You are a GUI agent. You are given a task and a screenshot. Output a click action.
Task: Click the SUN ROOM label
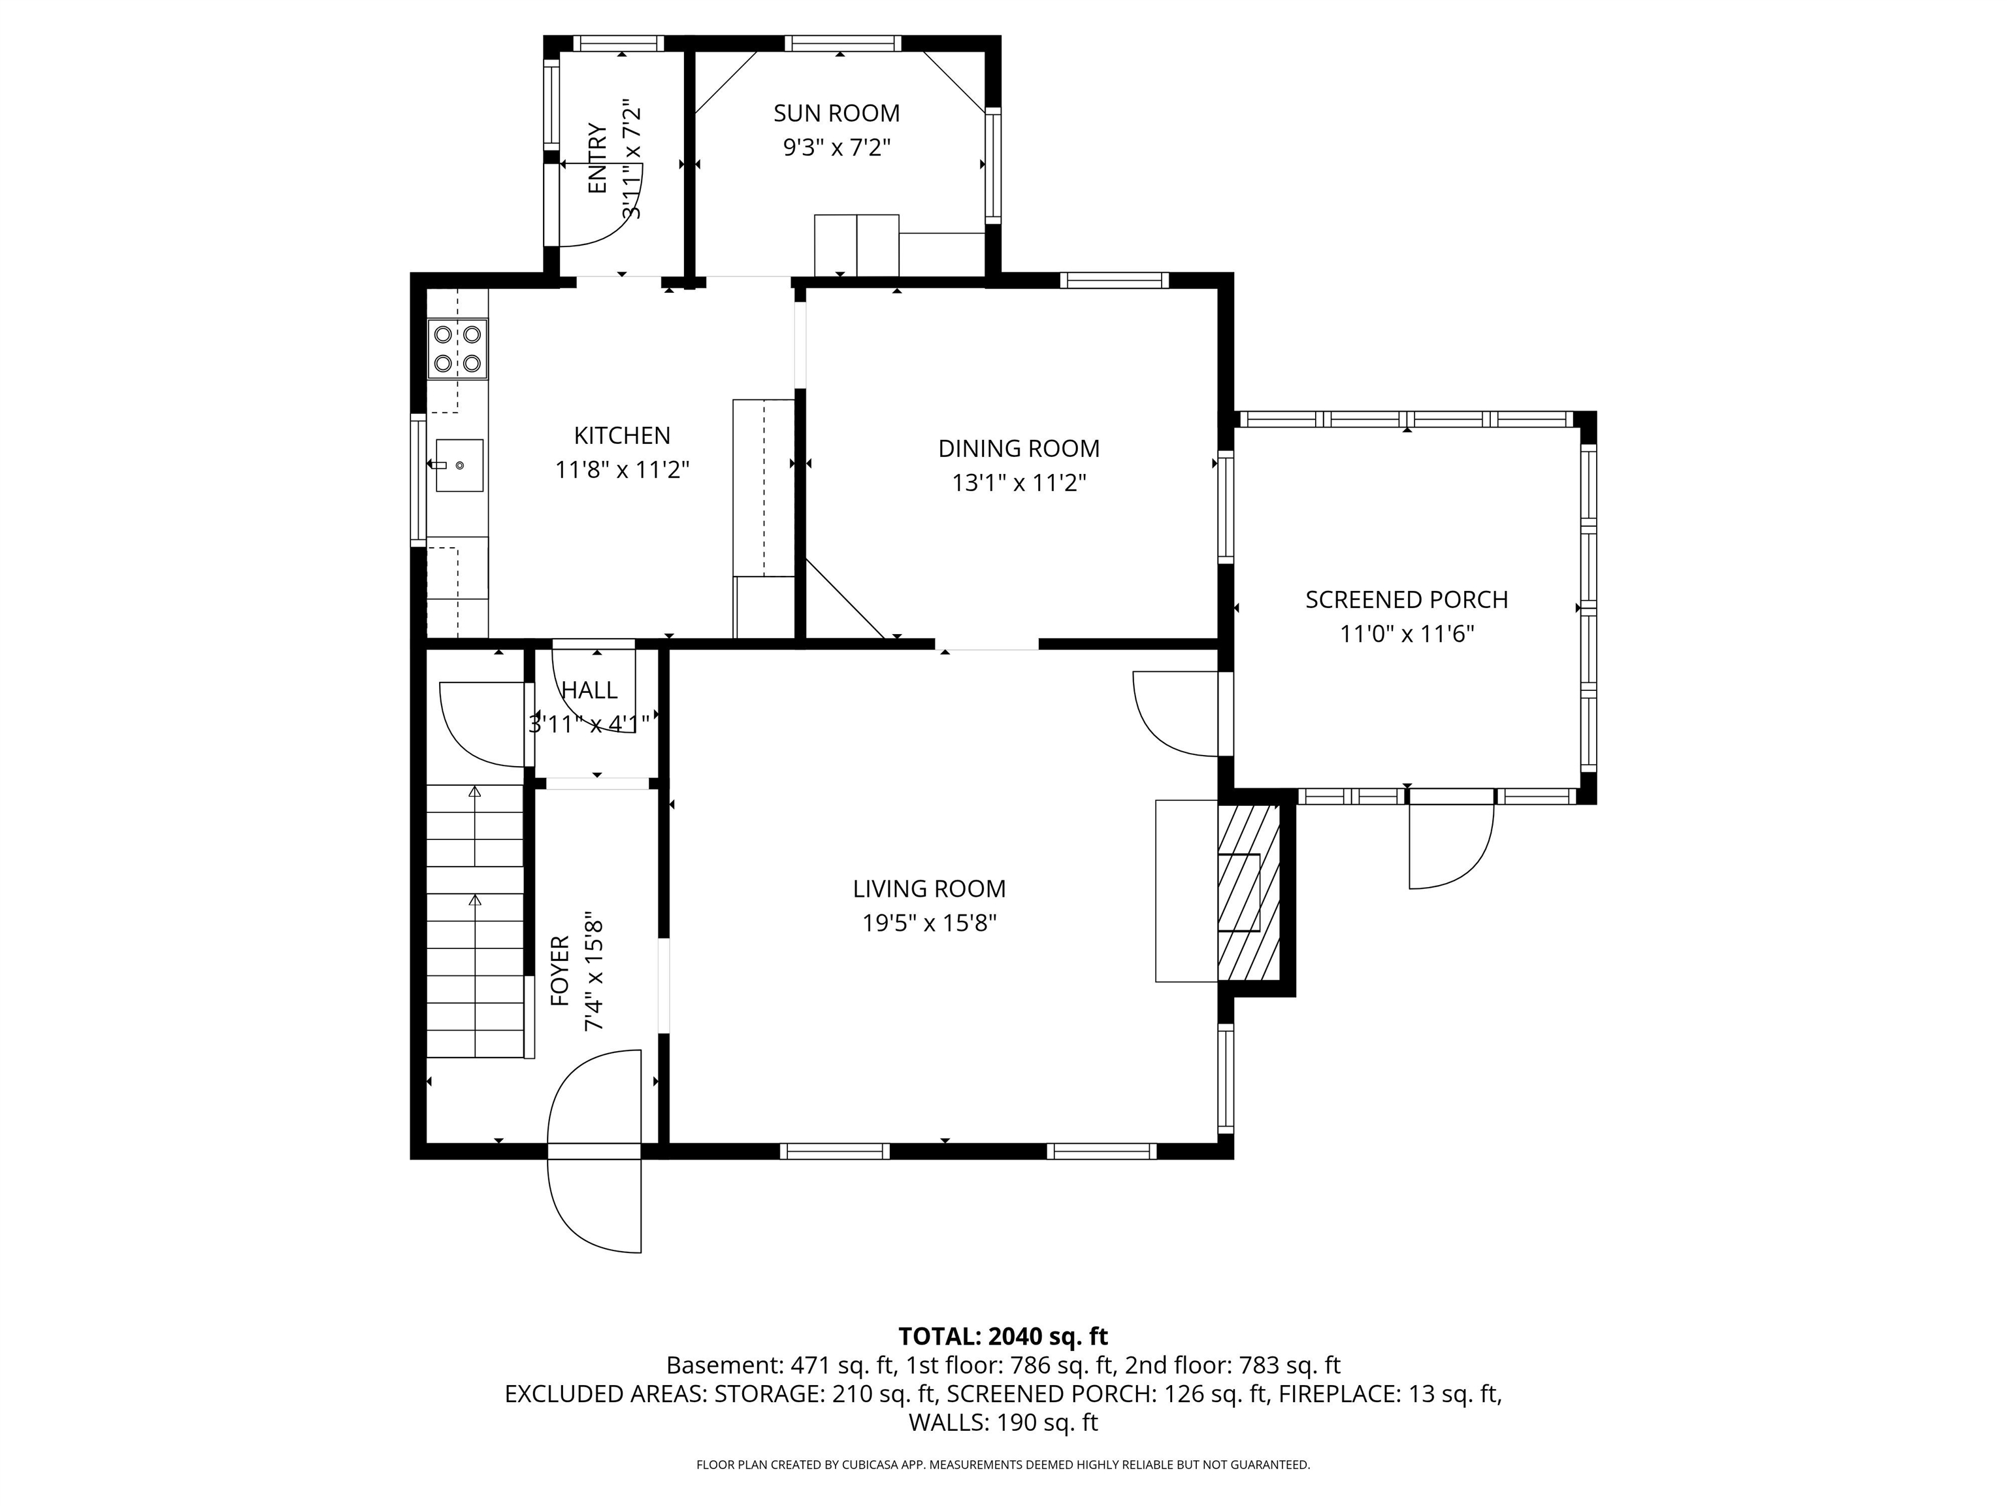point(836,114)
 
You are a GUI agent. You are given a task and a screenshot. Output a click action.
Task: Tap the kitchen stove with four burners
point(457,348)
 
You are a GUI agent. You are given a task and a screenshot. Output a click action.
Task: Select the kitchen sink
point(459,465)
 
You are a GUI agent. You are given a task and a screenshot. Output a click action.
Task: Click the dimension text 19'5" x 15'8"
point(929,923)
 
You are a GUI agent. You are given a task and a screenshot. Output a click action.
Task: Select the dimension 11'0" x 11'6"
point(1407,633)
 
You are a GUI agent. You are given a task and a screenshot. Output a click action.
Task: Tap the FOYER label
point(560,971)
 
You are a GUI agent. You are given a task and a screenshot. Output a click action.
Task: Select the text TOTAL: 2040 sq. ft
point(1003,1336)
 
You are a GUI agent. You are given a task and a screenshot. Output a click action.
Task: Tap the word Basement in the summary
point(723,1365)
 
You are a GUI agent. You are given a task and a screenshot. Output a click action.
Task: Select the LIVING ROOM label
point(929,889)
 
